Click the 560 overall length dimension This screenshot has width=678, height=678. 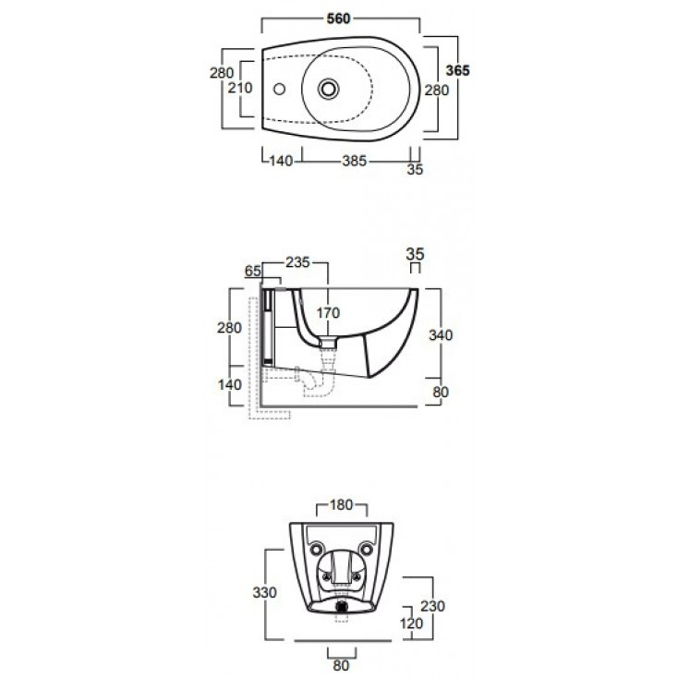point(338,19)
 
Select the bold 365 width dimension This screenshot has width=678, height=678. point(457,70)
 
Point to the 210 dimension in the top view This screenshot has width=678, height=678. point(240,88)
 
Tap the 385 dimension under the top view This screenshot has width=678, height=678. point(354,161)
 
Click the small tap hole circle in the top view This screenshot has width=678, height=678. point(279,89)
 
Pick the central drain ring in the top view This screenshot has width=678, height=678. point(328,89)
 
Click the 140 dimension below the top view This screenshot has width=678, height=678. point(281,161)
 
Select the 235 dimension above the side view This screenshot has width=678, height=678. point(298,262)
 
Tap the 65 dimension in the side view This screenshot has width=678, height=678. point(253,272)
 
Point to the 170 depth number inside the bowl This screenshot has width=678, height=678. point(328,312)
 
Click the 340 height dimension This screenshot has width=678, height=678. point(441,335)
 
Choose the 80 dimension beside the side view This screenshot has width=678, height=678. point(441,393)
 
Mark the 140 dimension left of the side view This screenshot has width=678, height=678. point(230,384)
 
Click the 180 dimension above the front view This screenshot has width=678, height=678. point(342,504)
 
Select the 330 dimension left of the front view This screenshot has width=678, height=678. point(264,592)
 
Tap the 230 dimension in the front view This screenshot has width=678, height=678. point(432,606)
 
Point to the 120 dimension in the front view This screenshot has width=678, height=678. point(411,624)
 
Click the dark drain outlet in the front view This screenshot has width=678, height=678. point(342,606)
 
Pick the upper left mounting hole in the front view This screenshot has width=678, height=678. point(317,550)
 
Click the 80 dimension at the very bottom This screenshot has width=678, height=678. point(341,665)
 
